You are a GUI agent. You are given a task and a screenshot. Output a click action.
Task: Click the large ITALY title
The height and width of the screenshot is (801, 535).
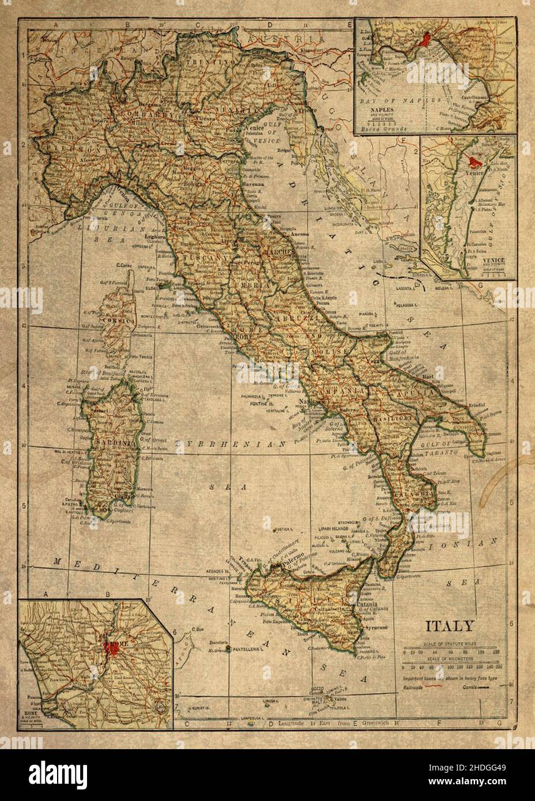pyautogui.click(x=450, y=626)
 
